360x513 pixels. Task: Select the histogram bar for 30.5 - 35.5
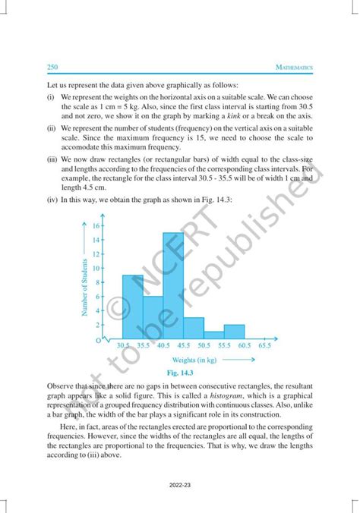tap(132, 307)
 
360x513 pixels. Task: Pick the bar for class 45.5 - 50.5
tap(193, 328)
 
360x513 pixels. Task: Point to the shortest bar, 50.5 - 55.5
tap(213, 335)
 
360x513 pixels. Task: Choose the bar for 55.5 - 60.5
tap(234, 332)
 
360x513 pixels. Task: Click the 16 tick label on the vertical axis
tap(96, 225)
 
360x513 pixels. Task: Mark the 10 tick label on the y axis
tap(96, 268)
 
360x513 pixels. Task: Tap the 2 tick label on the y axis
tap(98, 325)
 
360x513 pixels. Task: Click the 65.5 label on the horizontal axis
tap(264, 345)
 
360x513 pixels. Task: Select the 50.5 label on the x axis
tap(203, 345)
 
